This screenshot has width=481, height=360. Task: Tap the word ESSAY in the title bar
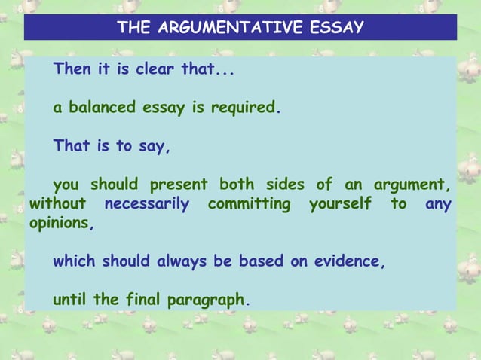point(337,28)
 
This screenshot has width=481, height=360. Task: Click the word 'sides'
point(285,185)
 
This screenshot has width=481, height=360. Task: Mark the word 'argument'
point(407,185)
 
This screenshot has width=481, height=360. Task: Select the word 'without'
point(57,204)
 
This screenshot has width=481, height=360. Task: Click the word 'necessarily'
point(146,204)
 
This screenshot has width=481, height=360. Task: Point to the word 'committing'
point(249,204)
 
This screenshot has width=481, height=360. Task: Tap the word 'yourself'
point(340,204)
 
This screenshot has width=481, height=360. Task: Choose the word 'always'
point(183,262)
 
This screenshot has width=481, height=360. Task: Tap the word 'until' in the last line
point(70,300)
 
